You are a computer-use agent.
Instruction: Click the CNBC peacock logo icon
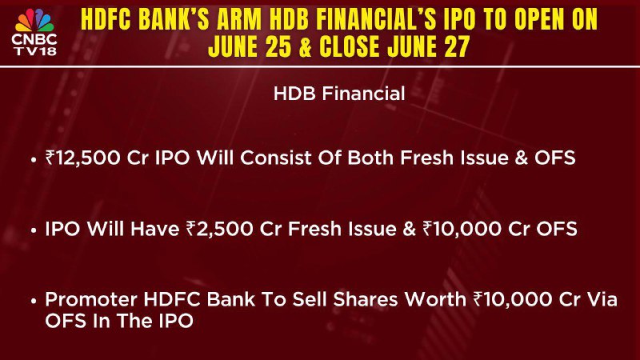(34, 21)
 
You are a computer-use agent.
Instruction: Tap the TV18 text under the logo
(35, 51)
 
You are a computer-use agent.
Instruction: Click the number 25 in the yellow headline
(278, 46)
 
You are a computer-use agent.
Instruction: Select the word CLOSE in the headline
(350, 46)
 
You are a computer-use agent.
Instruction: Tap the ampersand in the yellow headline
(306, 46)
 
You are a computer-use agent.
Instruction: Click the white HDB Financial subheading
(339, 94)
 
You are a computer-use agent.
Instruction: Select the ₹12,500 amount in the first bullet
(83, 158)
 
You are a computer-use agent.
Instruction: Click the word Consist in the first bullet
(276, 158)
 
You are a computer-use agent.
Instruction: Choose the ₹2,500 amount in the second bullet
(219, 229)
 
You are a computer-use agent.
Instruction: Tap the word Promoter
(91, 299)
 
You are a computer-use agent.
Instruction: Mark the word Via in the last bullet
(602, 299)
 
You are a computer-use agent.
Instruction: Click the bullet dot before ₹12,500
(34, 160)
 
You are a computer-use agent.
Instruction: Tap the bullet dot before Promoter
(34, 302)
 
